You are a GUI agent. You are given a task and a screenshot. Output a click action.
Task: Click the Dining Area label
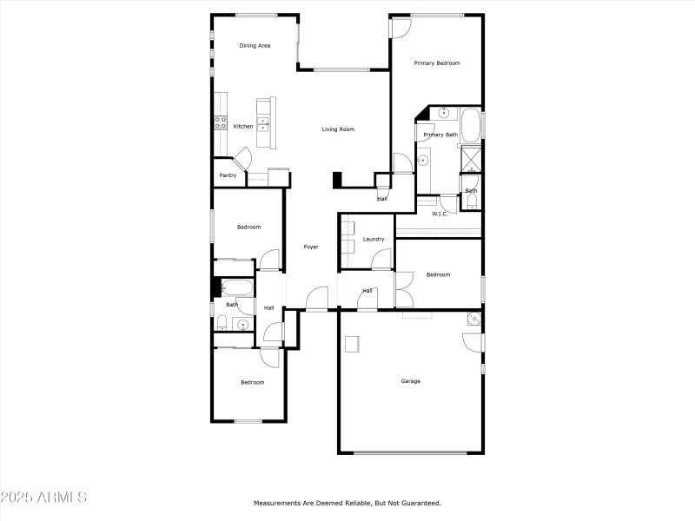pyautogui.click(x=255, y=45)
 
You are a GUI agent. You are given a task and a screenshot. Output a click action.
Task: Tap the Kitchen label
pyautogui.click(x=243, y=127)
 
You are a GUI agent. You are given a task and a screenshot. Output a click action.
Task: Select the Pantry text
pyautogui.click(x=228, y=175)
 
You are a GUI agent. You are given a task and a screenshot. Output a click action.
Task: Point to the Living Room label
pyautogui.click(x=338, y=129)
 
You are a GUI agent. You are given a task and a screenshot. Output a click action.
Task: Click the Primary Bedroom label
pyautogui.click(x=436, y=63)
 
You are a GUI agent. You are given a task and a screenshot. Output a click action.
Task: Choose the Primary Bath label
pyautogui.click(x=440, y=135)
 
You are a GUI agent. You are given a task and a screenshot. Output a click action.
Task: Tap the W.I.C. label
pyautogui.click(x=440, y=214)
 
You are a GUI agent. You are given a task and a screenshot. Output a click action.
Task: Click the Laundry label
pyautogui.click(x=374, y=239)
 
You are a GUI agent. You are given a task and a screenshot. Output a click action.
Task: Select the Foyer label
pyautogui.click(x=310, y=247)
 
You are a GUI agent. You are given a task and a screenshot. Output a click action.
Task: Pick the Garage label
pyautogui.click(x=410, y=380)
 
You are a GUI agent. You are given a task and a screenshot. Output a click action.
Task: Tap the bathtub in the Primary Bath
pyautogui.click(x=470, y=126)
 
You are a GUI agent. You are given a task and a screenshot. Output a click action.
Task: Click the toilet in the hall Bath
pyautogui.click(x=222, y=325)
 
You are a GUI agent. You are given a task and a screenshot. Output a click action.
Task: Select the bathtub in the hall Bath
pyautogui.click(x=235, y=287)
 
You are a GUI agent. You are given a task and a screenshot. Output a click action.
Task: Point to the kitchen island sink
pyautogui.click(x=262, y=122)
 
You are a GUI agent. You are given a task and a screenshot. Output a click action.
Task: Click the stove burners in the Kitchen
pyautogui.click(x=221, y=123)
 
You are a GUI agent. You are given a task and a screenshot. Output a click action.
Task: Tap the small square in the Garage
pyautogui.click(x=352, y=344)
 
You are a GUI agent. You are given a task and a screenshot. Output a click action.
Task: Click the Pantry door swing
pyautogui.click(x=242, y=157)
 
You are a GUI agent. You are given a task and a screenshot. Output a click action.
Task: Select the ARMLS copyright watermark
pyautogui.click(x=43, y=498)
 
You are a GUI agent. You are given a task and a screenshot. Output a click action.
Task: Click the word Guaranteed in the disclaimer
pyautogui.click(x=420, y=503)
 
